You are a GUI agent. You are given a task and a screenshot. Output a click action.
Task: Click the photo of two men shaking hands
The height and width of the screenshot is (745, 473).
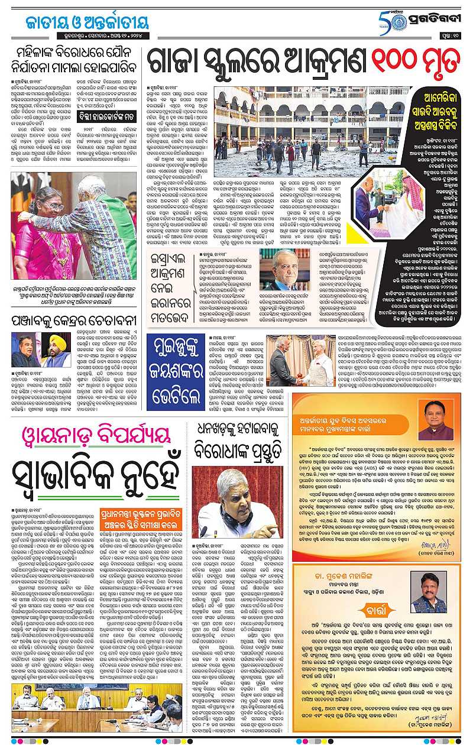(x=296, y=361)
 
